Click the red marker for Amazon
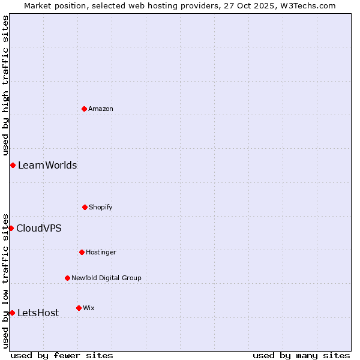pyautogui.click(x=84, y=109)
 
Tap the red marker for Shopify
pyautogui.click(x=85, y=207)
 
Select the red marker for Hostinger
pyautogui.click(x=82, y=252)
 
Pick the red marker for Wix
pyautogui.click(x=79, y=308)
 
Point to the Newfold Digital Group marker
pyautogui.click(x=67, y=278)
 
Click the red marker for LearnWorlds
pyautogui.click(x=13, y=165)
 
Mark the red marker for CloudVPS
pyautogui.click(x=11, y=228)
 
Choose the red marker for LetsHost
pyautogui.click(x=12, y=313)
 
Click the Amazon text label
pyautogui.click(x=101, y=109)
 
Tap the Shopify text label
pyautogui.click(x=101, y=207)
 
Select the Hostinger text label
pyautogui.click(x=101, y=252)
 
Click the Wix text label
pyautogui.click(x=89, y=308)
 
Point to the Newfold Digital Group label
pyautogui.click(x=106, y=278)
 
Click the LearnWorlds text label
pyautogui.click(x=47, y=165)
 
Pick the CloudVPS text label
pyautogui.click(x=39, y=228)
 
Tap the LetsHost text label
pyautogui.click(x=38, y=313)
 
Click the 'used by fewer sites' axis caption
pyautogui.click(x=62, y=355)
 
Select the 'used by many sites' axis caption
pyautogui.click(x=301, y=355)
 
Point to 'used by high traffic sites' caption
pyautogui.click(x=5, y=85)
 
